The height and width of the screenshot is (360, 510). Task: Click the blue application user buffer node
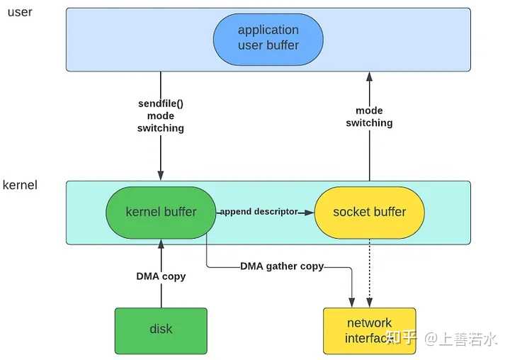tap(268, 38)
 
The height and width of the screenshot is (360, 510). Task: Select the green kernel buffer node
tap(161, 212)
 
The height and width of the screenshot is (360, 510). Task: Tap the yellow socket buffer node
tap(369, 212)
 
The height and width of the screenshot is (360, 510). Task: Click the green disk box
tap(161, 330)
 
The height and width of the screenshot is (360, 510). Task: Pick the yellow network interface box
tap(369, 330)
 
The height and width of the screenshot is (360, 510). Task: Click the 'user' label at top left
tap(21, 13)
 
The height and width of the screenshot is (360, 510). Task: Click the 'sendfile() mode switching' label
tap(161, 116)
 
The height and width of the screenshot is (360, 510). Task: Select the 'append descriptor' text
tap(259, 212)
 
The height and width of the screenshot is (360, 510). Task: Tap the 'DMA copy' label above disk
tap(161, 276)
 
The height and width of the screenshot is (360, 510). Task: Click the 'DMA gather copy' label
tap(282, 266)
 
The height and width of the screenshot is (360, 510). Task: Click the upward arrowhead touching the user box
tap(369, 77)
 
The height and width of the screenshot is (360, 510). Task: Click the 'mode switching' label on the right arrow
tap(369, 117)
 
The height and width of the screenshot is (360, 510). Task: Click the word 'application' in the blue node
tap(268, 30)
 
